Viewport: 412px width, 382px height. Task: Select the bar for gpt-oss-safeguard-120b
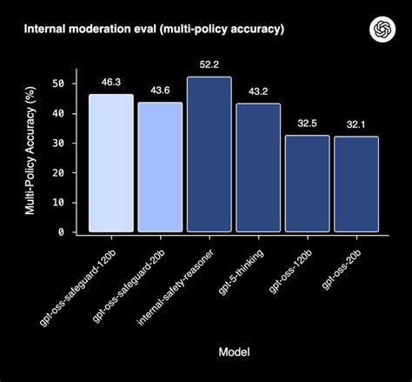(x=111, y=164)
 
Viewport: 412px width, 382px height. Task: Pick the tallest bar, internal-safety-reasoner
(x=209, y=155)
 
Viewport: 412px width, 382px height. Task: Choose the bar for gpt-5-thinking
(x=258, y=168)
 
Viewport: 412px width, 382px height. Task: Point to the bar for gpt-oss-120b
(x=307, y=184)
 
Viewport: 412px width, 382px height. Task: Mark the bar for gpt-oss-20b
(x=356, y=184)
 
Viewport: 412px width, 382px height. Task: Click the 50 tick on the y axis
(x=59, y=84)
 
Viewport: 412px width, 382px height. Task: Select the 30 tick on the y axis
(x=59, y=143)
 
